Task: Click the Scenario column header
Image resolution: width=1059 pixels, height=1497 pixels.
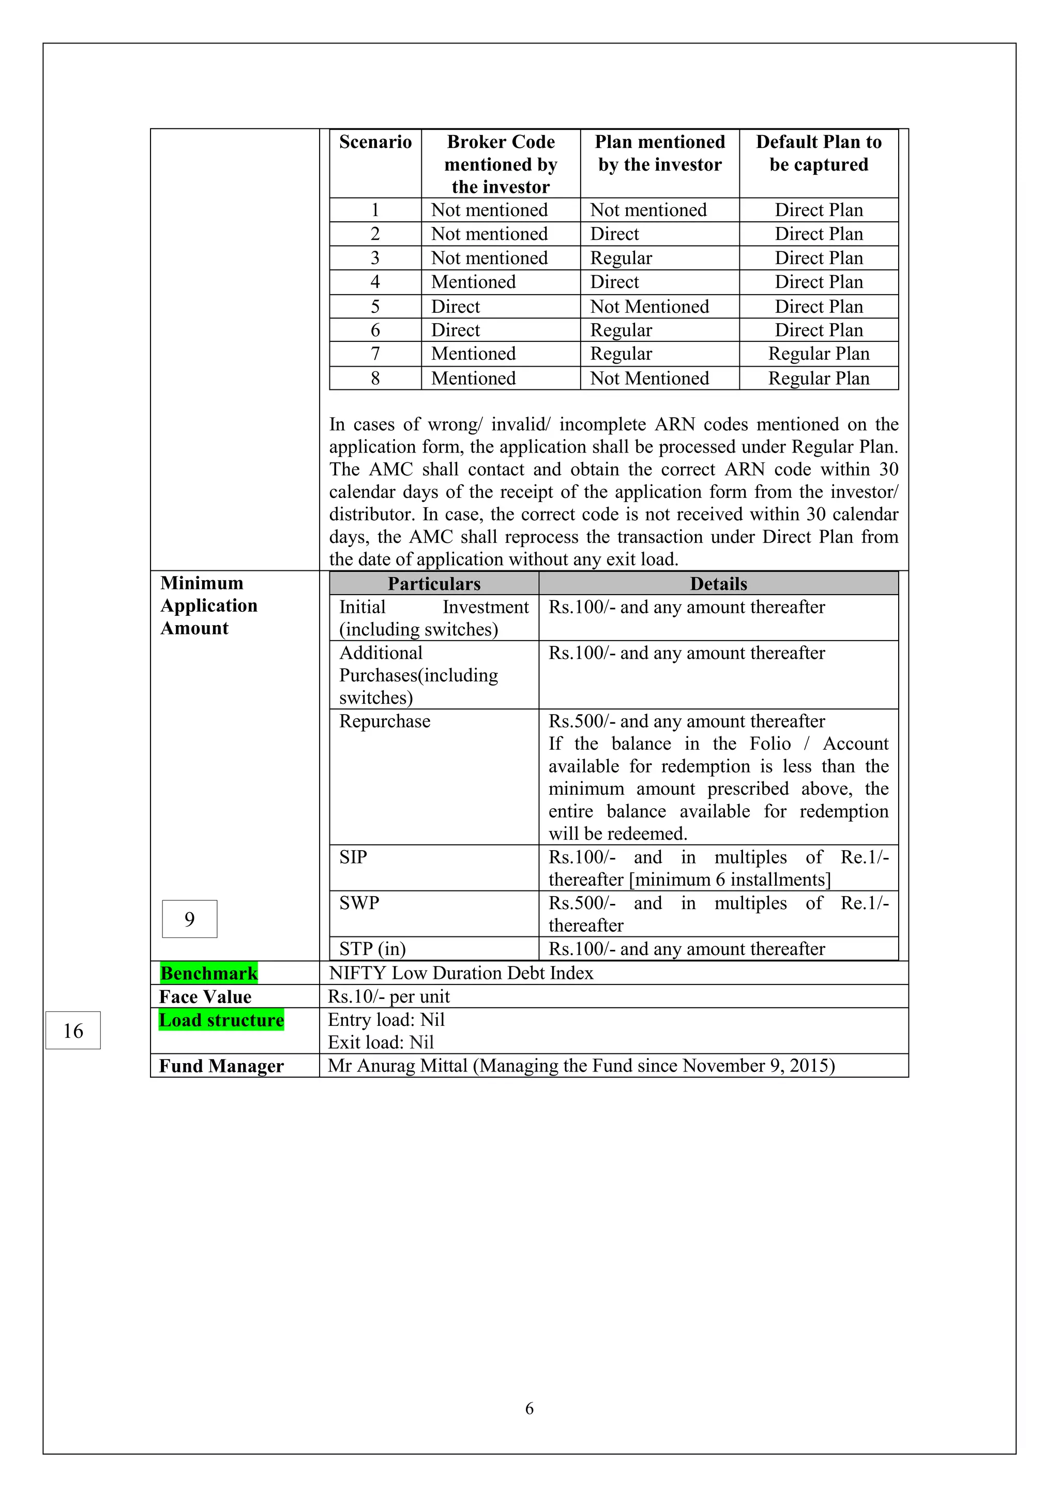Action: (x=375, y=142)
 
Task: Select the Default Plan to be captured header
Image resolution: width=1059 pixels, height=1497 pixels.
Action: (x=819, y=153)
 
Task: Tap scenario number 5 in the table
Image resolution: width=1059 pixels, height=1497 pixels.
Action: (x=375, y=307)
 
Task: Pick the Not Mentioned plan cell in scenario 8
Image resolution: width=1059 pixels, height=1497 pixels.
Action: (x=649, y=378)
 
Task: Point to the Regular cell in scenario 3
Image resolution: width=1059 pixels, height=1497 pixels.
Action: (x=621, y=258)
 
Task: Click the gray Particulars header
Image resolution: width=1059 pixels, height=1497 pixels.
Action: (x=434, y=583)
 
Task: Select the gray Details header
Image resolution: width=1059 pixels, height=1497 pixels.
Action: (x=719, y=583)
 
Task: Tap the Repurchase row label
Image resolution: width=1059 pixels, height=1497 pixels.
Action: (x=385, y=721)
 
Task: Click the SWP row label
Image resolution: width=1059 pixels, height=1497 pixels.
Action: (x=359, y=903)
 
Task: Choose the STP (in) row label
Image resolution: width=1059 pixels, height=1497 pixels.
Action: (x=372, y=949)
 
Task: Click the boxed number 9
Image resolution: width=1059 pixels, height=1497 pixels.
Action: (x=190, y=919)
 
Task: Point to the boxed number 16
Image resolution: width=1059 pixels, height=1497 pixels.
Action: (x=73, y=1030)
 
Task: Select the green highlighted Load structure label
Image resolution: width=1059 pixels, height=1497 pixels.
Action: (x=221, y=1020)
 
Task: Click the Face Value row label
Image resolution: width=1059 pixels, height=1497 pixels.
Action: (x=205, y=996)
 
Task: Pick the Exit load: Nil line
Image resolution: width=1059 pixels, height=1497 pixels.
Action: (x=381, y=1042)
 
